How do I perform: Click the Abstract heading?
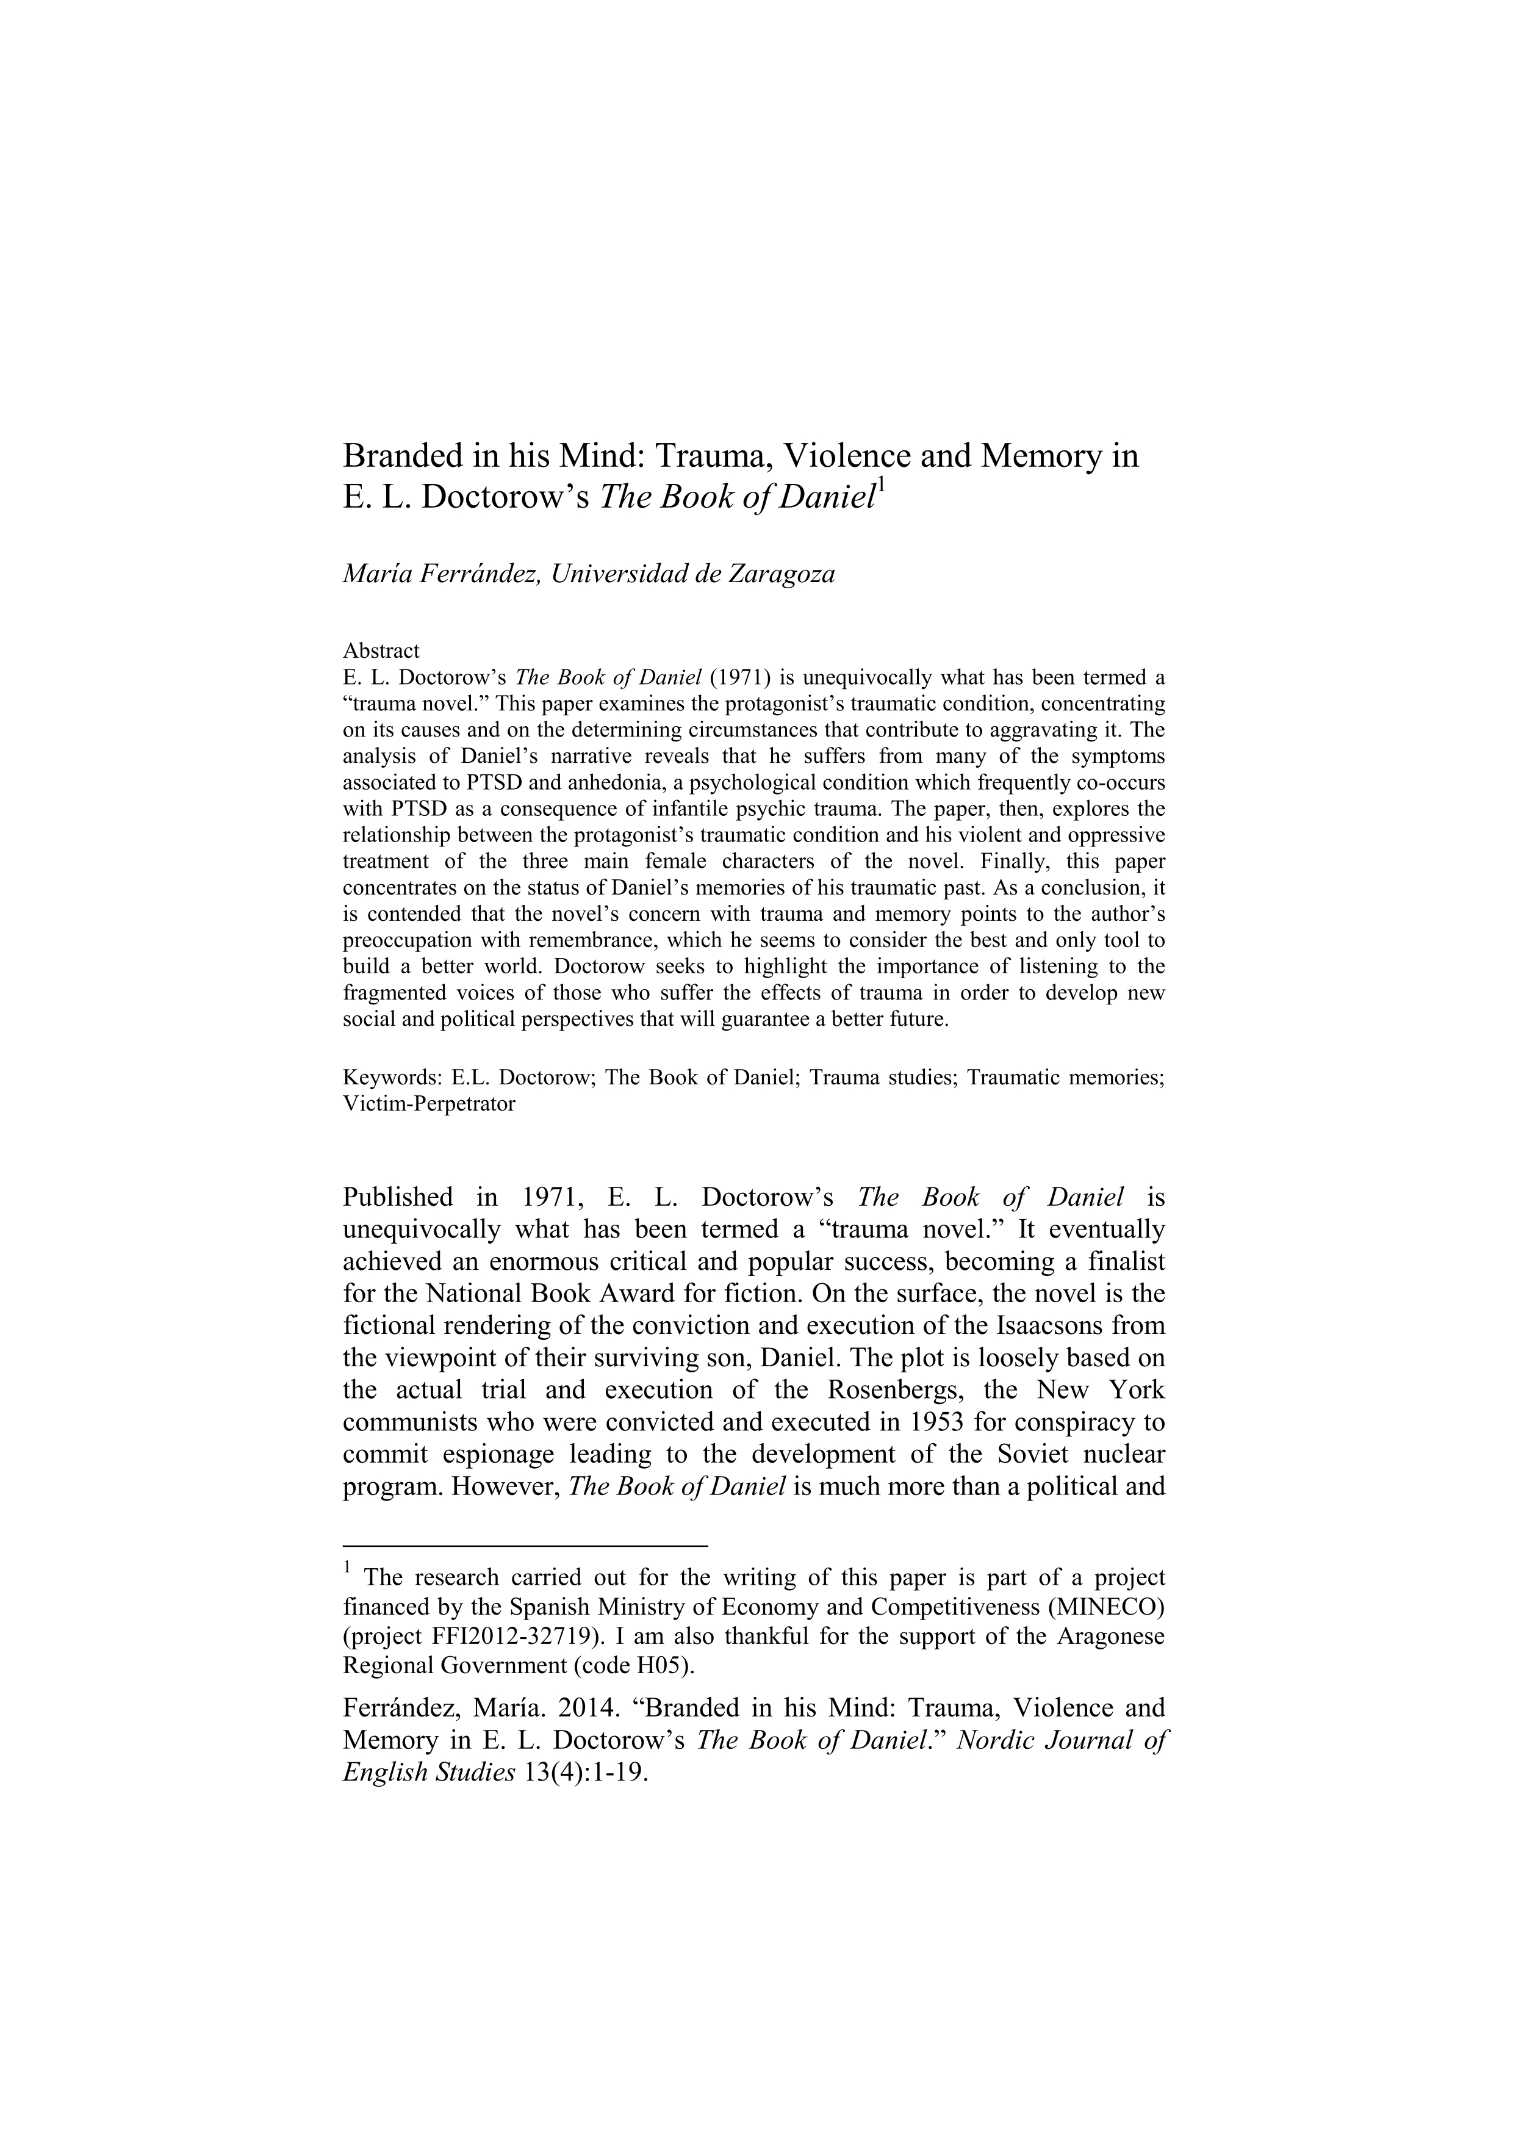[381, 650]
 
